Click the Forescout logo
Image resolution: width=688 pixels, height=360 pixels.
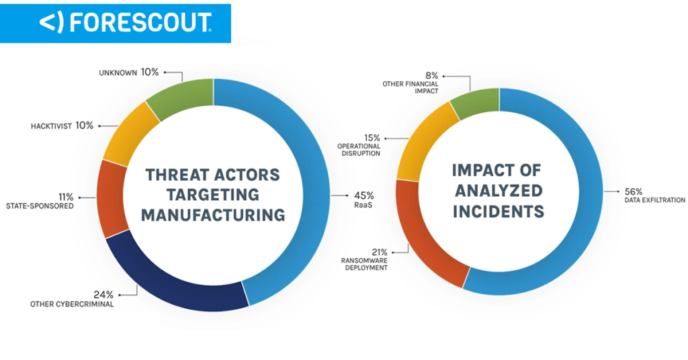tap(125, 23)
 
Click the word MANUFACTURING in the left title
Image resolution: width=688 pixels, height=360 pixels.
tap(212, 215)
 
